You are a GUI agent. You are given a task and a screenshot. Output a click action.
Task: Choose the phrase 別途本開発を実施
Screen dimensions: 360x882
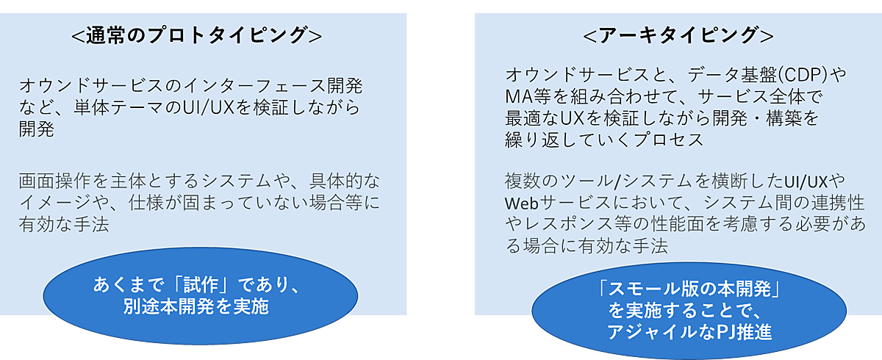coord(196,307)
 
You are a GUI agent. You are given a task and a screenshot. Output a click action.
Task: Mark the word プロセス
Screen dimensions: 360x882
coord(665,140)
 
